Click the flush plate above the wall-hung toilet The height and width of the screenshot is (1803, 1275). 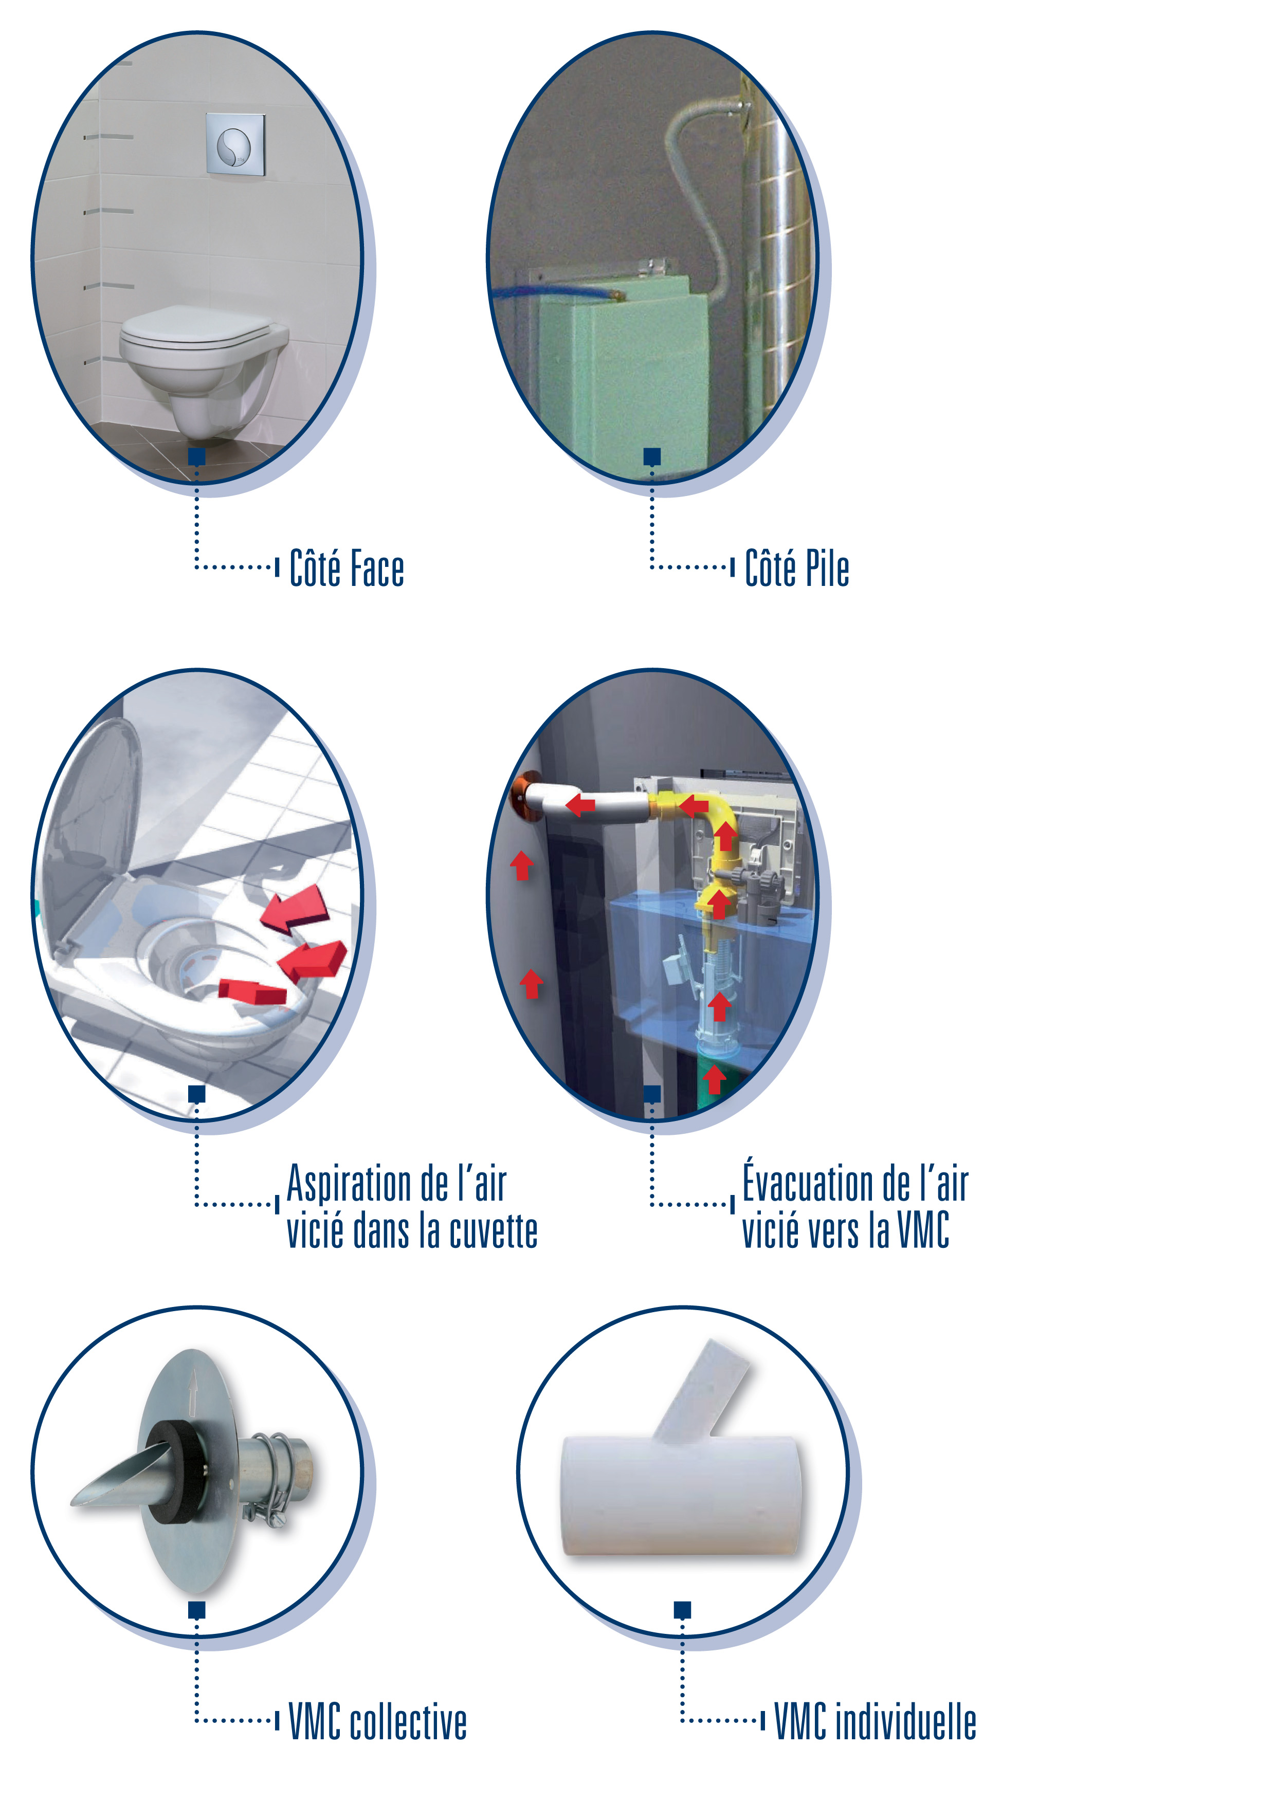coord(235,144)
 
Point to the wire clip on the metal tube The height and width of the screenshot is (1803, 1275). coord(271,1480)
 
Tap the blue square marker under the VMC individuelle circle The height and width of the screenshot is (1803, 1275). coord(683,1610)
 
